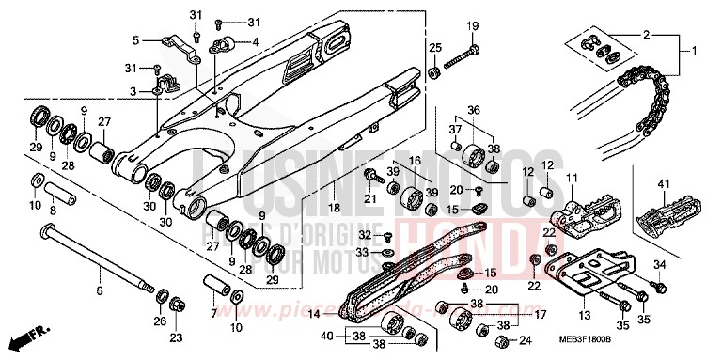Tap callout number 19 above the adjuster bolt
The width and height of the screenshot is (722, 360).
tap(473, 25)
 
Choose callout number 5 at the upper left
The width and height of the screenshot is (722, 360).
tap(135, 39)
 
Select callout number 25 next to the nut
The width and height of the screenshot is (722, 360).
tap(434, 47)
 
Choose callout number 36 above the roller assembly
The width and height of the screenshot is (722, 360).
tap(474, 109)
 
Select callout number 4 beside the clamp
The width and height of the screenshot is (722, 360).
tap(254, 42)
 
